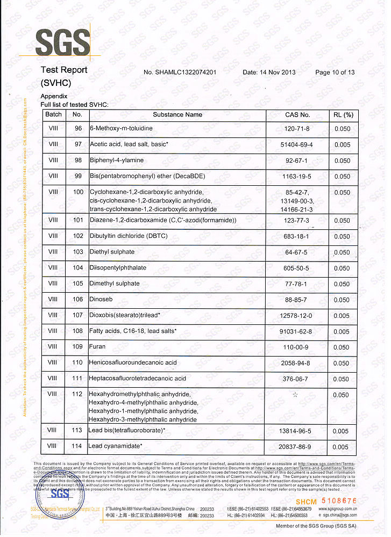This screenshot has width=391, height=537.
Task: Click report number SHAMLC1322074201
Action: click(x=180, y=72)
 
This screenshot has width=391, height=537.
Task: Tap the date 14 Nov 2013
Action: click(x=269, y=72)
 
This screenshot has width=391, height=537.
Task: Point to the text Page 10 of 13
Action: click(x=335, y=72)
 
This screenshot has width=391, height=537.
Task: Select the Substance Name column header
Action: click(x=177, y=114)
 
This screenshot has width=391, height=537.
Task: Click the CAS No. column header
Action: click(x=297, y=114)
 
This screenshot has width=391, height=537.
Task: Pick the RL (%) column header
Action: click(x=342, y=114)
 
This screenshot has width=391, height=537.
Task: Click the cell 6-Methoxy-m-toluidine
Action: click(x=122, y=129)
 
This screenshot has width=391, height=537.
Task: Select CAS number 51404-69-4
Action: click(x=297, y=145)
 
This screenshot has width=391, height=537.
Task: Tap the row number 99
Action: click(x=78, y=176)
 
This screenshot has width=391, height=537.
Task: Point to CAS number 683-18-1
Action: click(x=297, y=236)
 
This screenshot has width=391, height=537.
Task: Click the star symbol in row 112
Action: click(x=295, y=395)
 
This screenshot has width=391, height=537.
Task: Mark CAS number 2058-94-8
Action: click(x=297, y=363)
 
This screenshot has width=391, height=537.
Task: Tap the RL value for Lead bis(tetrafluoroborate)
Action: click(x=342, y=431)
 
